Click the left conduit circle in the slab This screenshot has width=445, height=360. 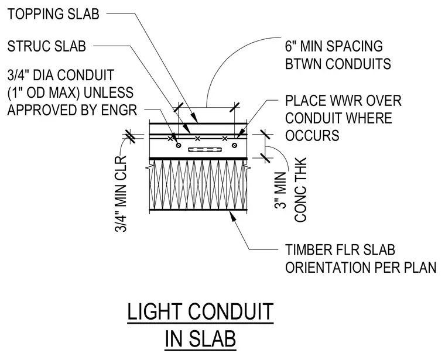(179, 145)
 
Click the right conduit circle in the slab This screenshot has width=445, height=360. (234, 145)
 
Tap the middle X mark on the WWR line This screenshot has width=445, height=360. (197, 139)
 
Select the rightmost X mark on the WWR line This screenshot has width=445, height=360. (225, 139)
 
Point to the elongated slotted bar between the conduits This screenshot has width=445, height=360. (205, 149)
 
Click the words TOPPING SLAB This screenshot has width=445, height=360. (53, 14)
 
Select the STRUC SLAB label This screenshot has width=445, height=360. (46, 46)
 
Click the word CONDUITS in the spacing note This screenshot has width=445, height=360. (358, 64)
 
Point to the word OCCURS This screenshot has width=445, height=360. (312, 136)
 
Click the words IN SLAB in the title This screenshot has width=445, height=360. (200, 339)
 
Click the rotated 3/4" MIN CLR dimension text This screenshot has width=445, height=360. (121, 194)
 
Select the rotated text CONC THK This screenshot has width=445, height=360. (301, 190)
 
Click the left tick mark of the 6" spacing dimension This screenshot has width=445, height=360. (179, 107)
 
